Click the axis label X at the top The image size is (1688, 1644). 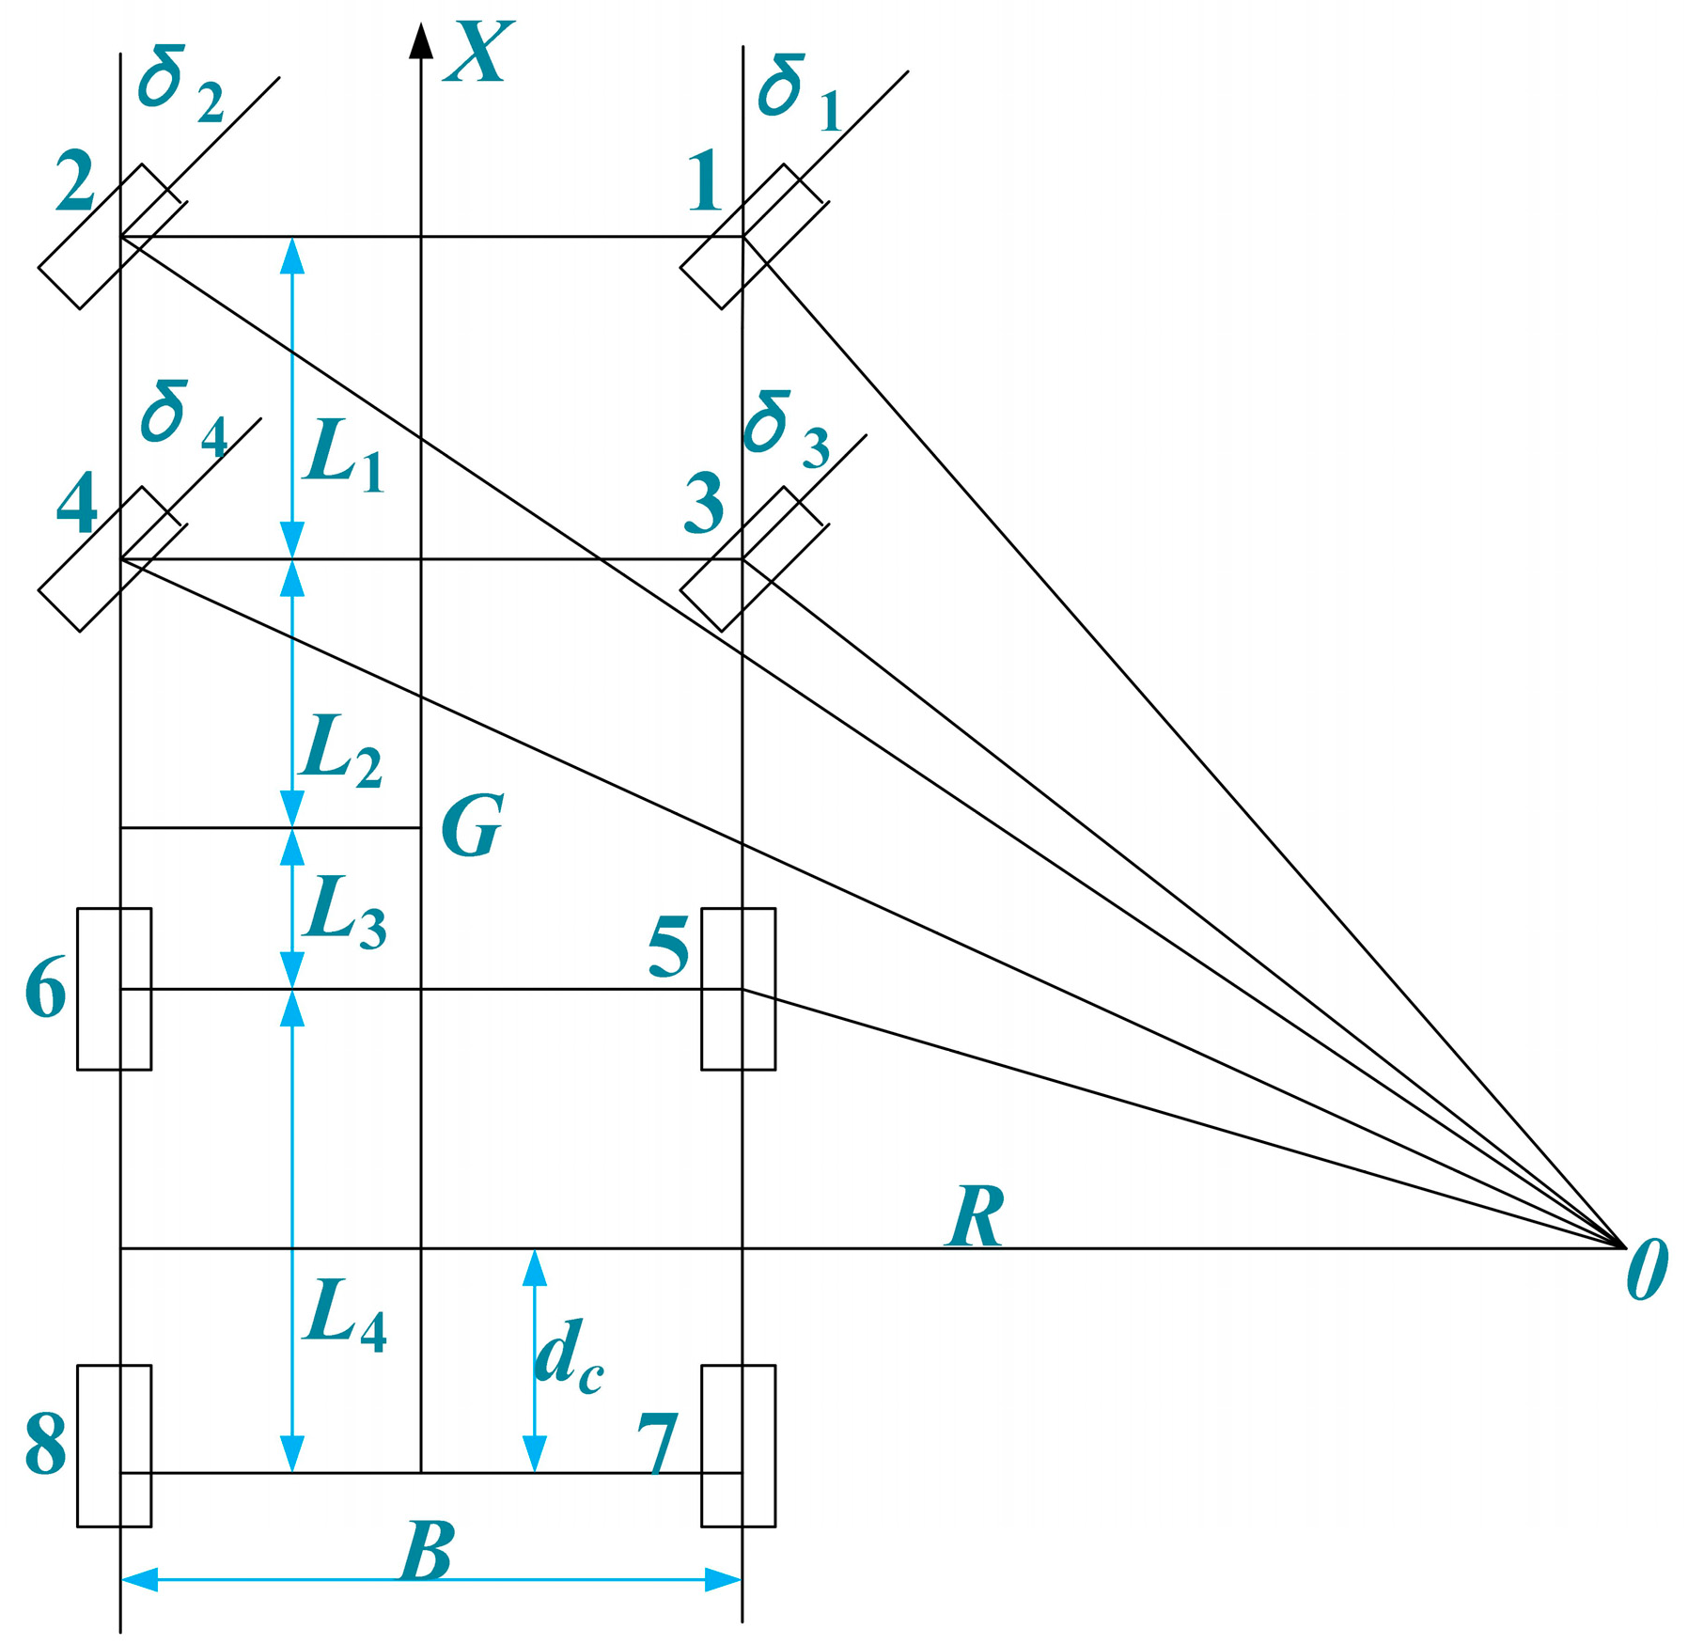481,53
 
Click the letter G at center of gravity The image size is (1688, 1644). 473,825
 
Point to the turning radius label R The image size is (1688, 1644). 976,1216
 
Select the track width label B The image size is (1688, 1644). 428,1552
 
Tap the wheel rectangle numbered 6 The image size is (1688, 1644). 114,989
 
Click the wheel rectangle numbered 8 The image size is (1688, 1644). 114,1446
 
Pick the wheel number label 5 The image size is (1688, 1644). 669,947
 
